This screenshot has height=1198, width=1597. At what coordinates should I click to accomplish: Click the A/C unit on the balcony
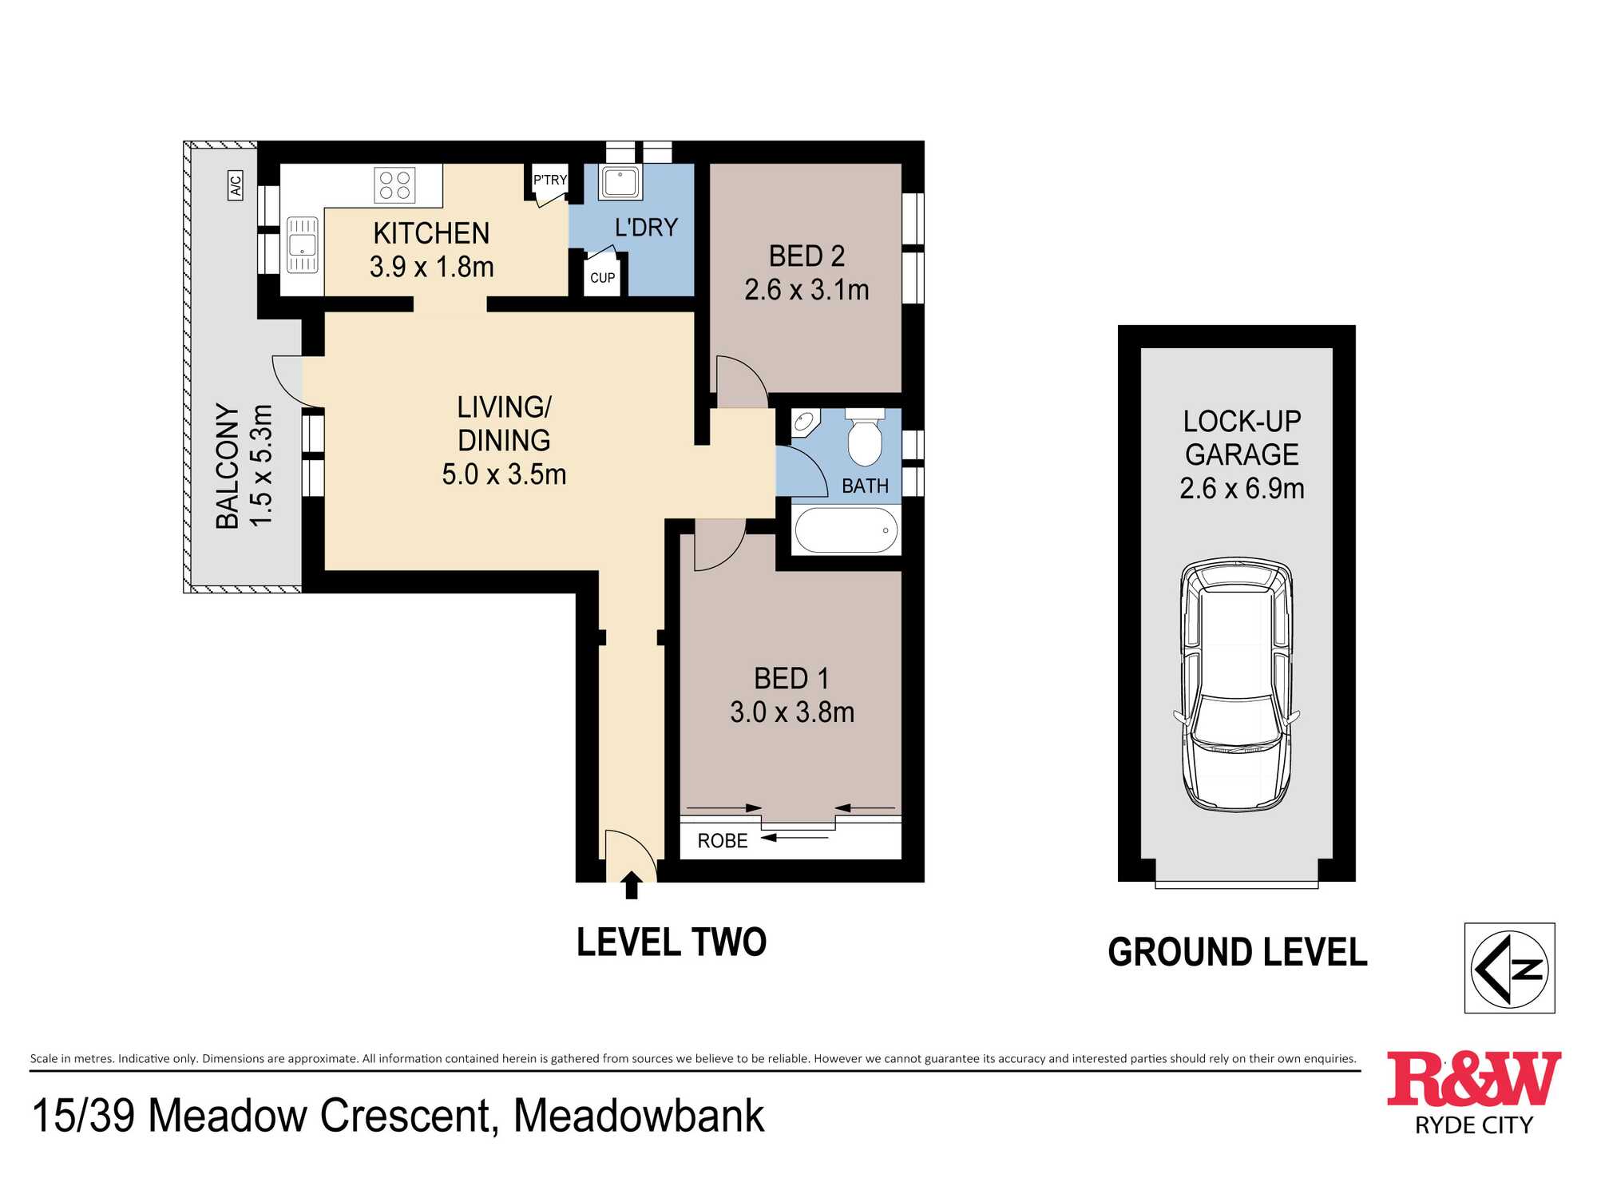point(236,185)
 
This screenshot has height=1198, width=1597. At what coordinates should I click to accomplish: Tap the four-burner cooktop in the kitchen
point(395,185)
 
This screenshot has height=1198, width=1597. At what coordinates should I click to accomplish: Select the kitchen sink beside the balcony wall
point(303,245)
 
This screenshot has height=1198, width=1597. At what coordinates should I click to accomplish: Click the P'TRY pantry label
point(550,180)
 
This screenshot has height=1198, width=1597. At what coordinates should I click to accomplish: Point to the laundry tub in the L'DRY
point(620,183)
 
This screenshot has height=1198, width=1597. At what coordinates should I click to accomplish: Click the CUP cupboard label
point(602,278)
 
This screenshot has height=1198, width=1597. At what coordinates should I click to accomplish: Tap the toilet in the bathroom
point(865,437)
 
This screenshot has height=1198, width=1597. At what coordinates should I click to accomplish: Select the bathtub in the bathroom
point(846,530)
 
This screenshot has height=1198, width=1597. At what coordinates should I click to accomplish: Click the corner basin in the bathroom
point(806,422)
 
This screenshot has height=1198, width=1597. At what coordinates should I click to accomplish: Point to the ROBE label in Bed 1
point(723,841)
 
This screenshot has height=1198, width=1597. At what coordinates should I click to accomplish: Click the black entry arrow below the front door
point(632,885)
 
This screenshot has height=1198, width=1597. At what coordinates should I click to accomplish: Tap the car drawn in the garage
point(1237,684)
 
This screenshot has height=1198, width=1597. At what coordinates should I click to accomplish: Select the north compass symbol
point(1509,968)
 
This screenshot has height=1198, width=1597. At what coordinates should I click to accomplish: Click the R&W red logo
point(1474,1079)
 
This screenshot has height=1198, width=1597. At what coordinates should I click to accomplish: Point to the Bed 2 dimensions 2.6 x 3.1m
point(806,290)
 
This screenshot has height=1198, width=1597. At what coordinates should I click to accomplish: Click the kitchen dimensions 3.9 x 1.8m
point(432,267)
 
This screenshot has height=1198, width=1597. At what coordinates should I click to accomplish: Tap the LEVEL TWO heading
point(672,942)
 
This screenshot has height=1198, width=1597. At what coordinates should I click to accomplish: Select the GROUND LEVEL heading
point(1238,952)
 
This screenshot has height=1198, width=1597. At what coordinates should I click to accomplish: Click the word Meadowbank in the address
point(639,1116)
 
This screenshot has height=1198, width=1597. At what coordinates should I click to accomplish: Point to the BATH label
point(865,486)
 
